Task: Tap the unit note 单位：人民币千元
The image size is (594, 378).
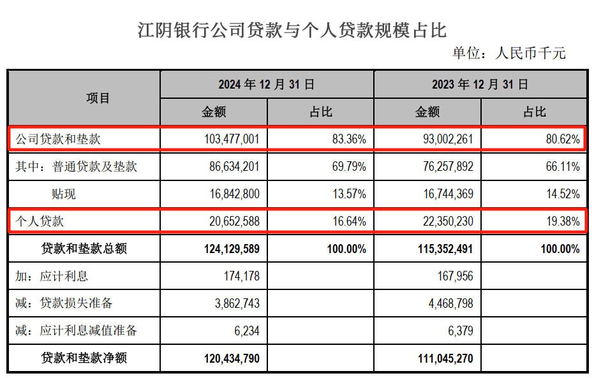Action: [x=509, y=53]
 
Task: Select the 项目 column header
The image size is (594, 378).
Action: [x=98, y=98]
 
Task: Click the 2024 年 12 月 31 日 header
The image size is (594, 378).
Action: [x=267, y=84]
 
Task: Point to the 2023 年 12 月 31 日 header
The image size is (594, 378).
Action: [x=480, y=84]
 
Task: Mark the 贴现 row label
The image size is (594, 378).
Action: [x=64, y=194]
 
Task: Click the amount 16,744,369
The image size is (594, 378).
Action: [x=445, y=194]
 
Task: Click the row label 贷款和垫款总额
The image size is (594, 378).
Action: [x=84, y=249]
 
